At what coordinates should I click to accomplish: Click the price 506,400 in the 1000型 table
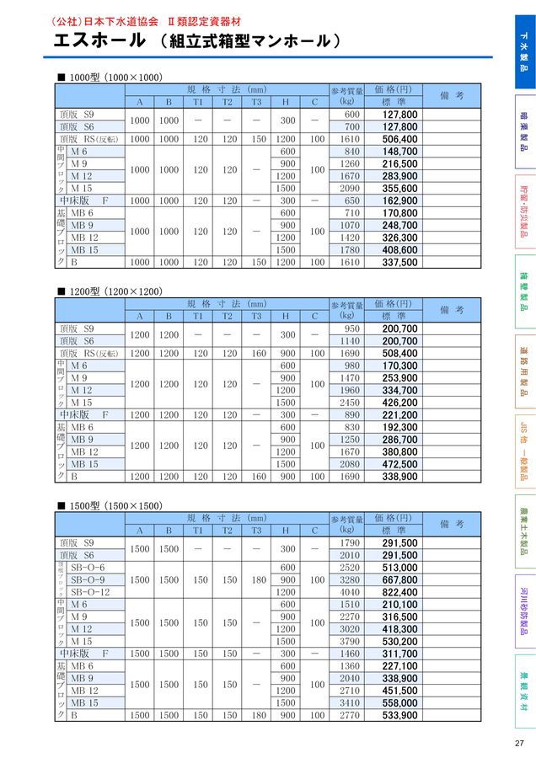[399, 139]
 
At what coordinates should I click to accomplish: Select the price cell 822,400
[399, 592]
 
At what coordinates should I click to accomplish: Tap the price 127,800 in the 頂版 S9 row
[399, 114]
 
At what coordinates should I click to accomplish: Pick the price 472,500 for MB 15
[399, 464]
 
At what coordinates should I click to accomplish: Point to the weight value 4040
[351, 592]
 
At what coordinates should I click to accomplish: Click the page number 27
[518, 742]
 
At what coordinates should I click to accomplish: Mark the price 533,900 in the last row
[399, 716]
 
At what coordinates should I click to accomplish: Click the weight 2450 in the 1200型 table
[351, 403]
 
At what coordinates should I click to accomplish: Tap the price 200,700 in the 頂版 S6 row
[399, 341]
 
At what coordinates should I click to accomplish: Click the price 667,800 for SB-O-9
[399, 580]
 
